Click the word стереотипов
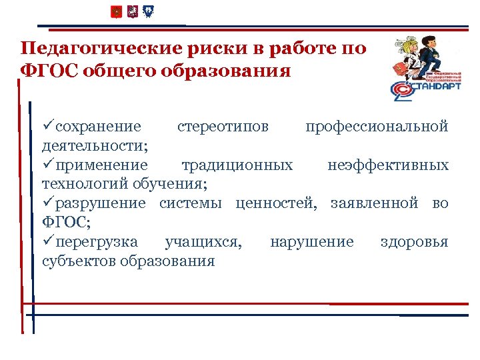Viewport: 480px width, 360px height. click(x=223, y=127)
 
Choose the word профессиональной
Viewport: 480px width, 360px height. click(x=377, y=127)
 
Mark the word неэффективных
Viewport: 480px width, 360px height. click(x=388, y=165)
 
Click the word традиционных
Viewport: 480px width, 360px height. click(x=237, y=165)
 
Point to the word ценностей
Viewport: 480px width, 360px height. click(x=288, y=203)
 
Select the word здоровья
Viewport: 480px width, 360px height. click(x=414, y=241)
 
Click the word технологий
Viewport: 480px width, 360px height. click(x=83, y=184)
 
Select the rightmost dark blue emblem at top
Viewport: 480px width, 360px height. click(x=149, y=12)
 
